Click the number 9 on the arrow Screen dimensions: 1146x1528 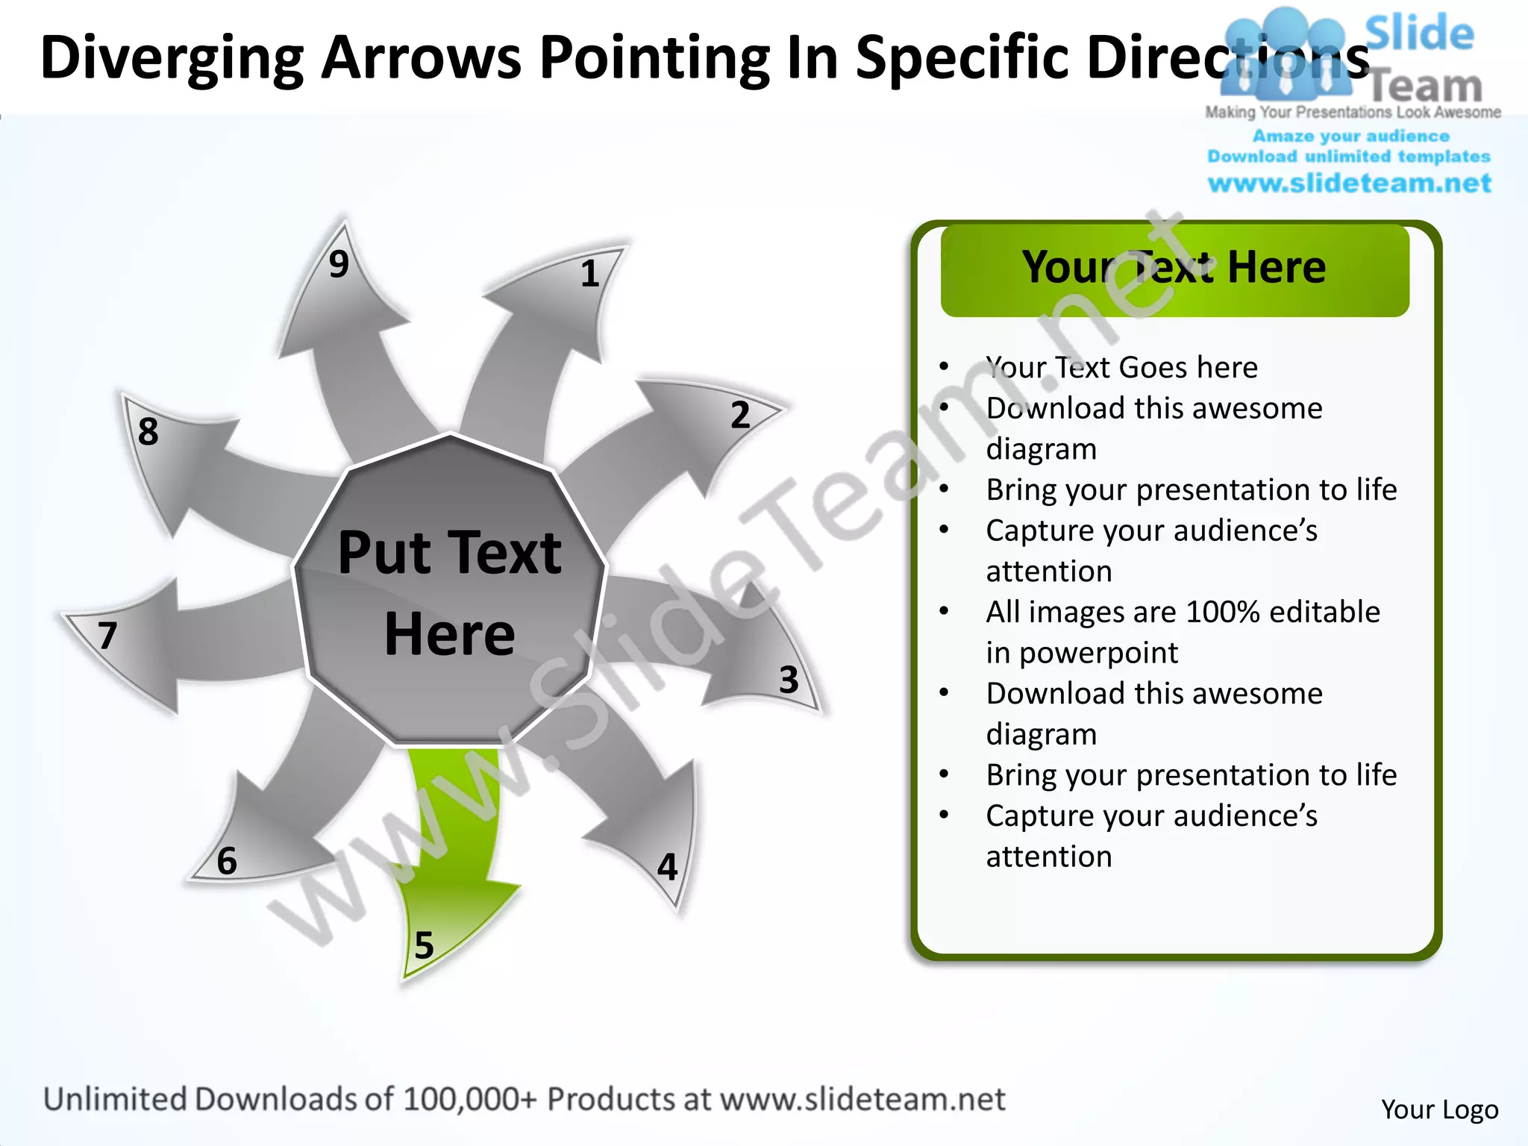(x=339, y=264)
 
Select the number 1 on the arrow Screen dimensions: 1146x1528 (x=590, y=274)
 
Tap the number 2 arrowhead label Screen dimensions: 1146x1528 (x=739, y=415)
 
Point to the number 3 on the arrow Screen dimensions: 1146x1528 (x=789, y=680)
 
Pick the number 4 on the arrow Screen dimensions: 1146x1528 (x=667, y=868)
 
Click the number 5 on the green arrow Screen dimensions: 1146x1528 (x=424, y=946)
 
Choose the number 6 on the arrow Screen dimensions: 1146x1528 (x=227, y=861)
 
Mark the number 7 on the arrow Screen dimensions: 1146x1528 (x=108, y=636)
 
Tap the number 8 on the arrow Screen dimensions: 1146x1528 (x=148, y=431)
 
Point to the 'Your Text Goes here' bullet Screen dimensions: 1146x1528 (x=1121, y=368)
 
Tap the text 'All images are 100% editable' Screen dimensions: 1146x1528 (x=1183, y=612)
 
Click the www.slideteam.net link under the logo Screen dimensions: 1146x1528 (x=1349, y=184)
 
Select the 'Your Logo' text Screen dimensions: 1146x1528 (x=1439, y=1109)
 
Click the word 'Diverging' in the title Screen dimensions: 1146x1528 (x=172, y=58)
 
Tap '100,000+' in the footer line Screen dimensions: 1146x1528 (x=469, y=1100)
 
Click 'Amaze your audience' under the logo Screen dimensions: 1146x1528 (x=1350, y=137)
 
